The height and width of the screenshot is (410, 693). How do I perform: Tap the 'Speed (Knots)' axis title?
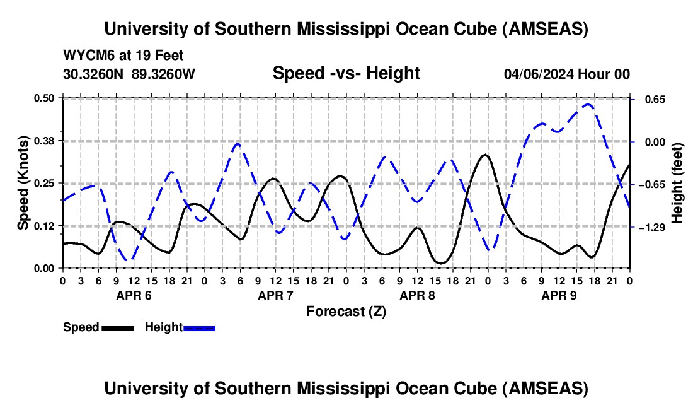(23, 183)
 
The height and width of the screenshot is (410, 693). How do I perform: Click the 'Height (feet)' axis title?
(677, 183)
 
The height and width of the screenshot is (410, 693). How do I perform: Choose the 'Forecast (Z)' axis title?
(346, 311)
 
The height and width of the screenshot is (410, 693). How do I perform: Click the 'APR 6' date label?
(134, 295)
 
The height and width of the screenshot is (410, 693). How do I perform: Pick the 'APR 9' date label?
(559, 295)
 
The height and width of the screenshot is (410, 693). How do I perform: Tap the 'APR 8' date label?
(417, 295)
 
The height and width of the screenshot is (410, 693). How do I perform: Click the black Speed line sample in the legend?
(117, 328)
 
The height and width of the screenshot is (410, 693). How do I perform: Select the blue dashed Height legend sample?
(199, 328)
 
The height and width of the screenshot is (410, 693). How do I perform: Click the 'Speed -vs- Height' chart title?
(346, 73)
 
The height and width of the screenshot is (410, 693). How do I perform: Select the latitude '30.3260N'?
(94, 74)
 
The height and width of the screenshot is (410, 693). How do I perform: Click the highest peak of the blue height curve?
(588, 105)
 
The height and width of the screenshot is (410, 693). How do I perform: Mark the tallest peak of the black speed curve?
(484, 155)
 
